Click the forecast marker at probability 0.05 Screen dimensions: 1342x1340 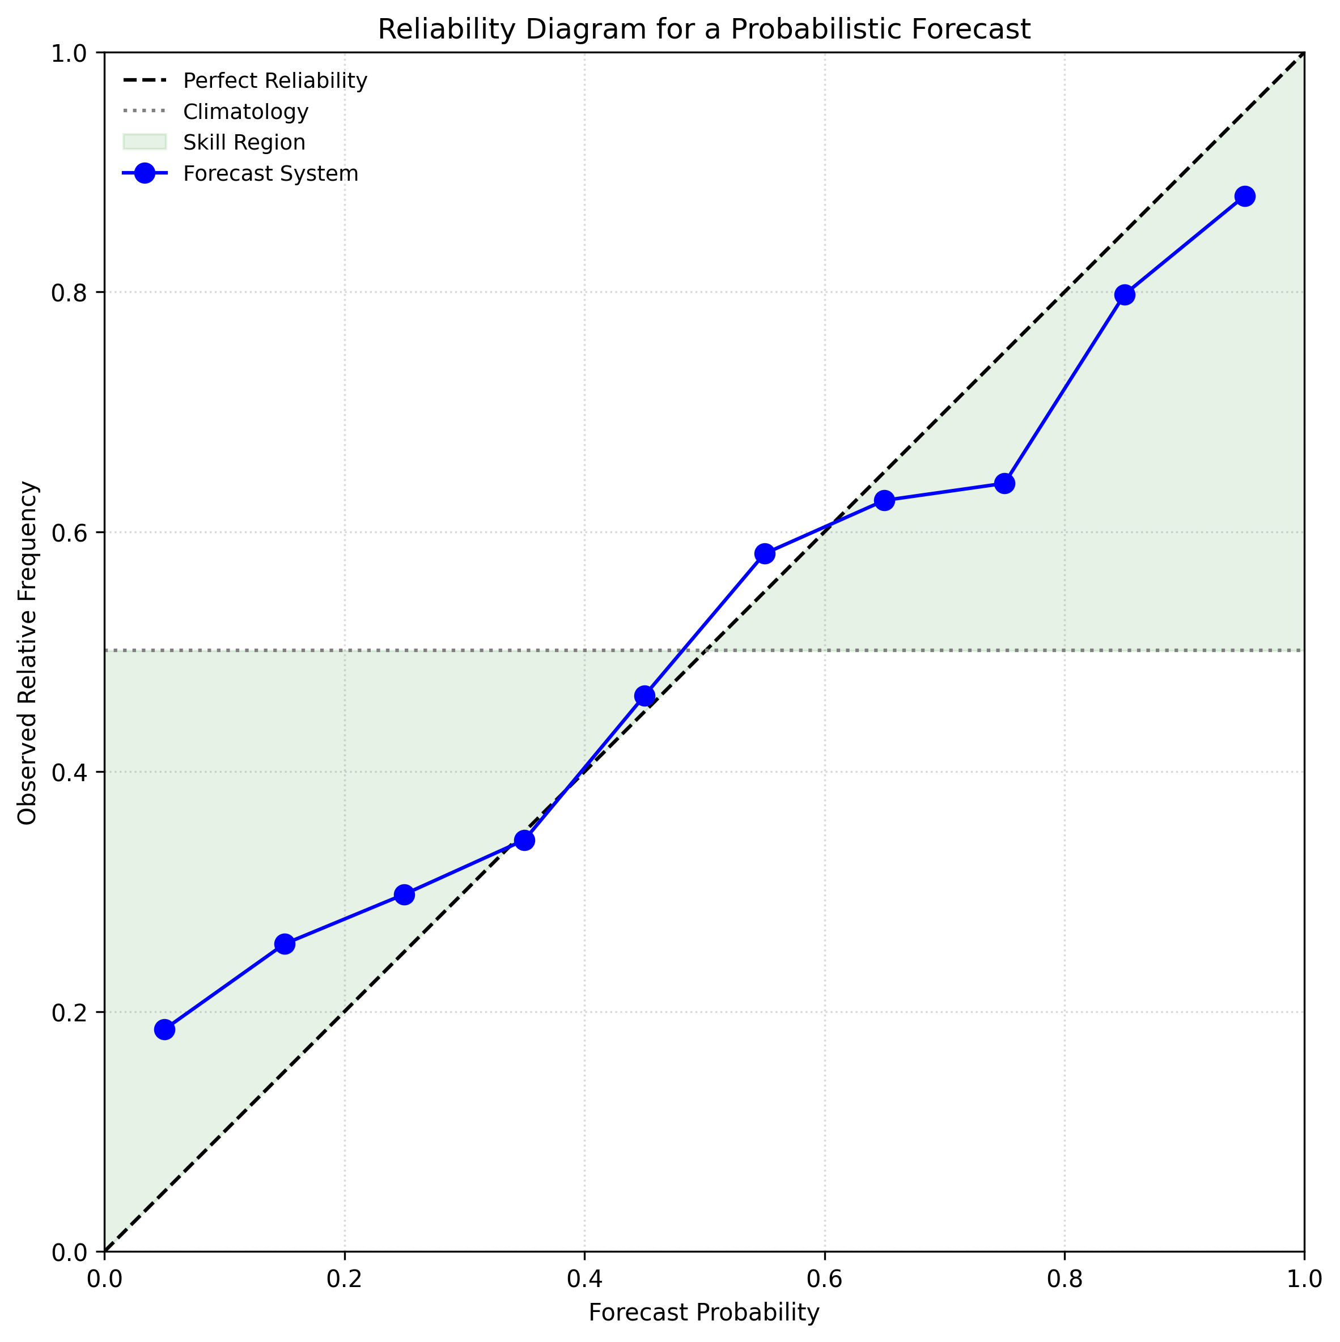pyautogui.click(x=164, y=1029)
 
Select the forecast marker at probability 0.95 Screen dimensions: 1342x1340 pyautogui.click(x=1244, y=196)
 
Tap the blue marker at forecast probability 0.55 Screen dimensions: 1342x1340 pyautogui.click(x=764, y=553)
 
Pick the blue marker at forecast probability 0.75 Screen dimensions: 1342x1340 pyautogui.click(x=1004, y=483)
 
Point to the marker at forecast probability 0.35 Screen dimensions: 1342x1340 pyautogui.click(x=525, y=841)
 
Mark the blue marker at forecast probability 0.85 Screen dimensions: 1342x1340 pyautogui.click(x=1124, y=295)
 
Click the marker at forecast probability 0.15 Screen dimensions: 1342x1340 pyautogui.click(x=284, y=944)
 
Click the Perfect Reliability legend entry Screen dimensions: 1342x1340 pyautogui.click(x=274, y=81)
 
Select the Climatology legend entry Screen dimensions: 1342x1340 pyautogui.click(x=245, y=112)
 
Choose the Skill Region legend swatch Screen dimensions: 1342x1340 pyautogui.click(x=145, y=142)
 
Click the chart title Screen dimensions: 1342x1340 pyautogui.click(x=703, y=30)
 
